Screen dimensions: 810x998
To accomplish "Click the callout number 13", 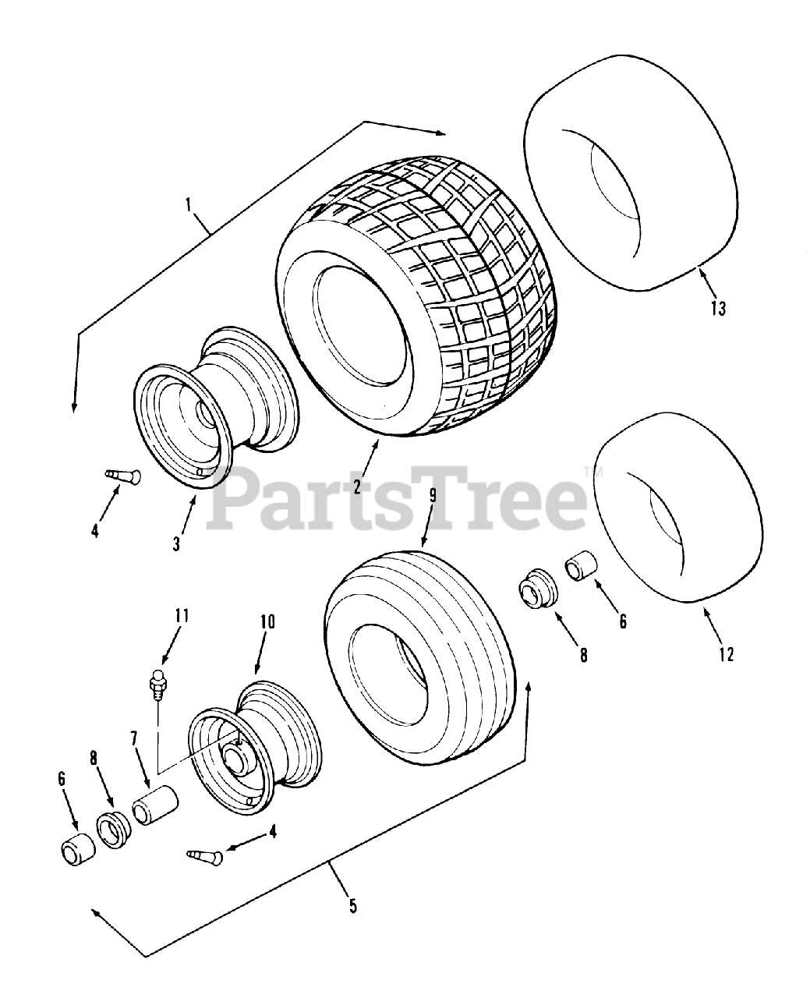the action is pyautogui.click(x=717, y=308).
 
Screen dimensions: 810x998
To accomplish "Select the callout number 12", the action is pyautogui.click(x=726, y=654).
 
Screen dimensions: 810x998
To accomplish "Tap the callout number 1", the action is pyautogui.click(x=189, y=205).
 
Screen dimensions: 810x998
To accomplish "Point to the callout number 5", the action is pyautogui.click(x=352, y=905).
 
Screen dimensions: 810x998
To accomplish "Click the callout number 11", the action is pyautogui.click(x=182, y=616).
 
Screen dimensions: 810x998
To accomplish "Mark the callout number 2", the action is pyautogui.click(x=356, y=487).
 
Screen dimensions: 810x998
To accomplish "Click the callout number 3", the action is pyautogui.click(x=176, y=543).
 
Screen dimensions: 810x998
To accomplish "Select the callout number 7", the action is pyautogui.click(x=133, y=738).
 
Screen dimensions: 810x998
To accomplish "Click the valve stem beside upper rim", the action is pyautogui.click(x=122, y=475).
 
